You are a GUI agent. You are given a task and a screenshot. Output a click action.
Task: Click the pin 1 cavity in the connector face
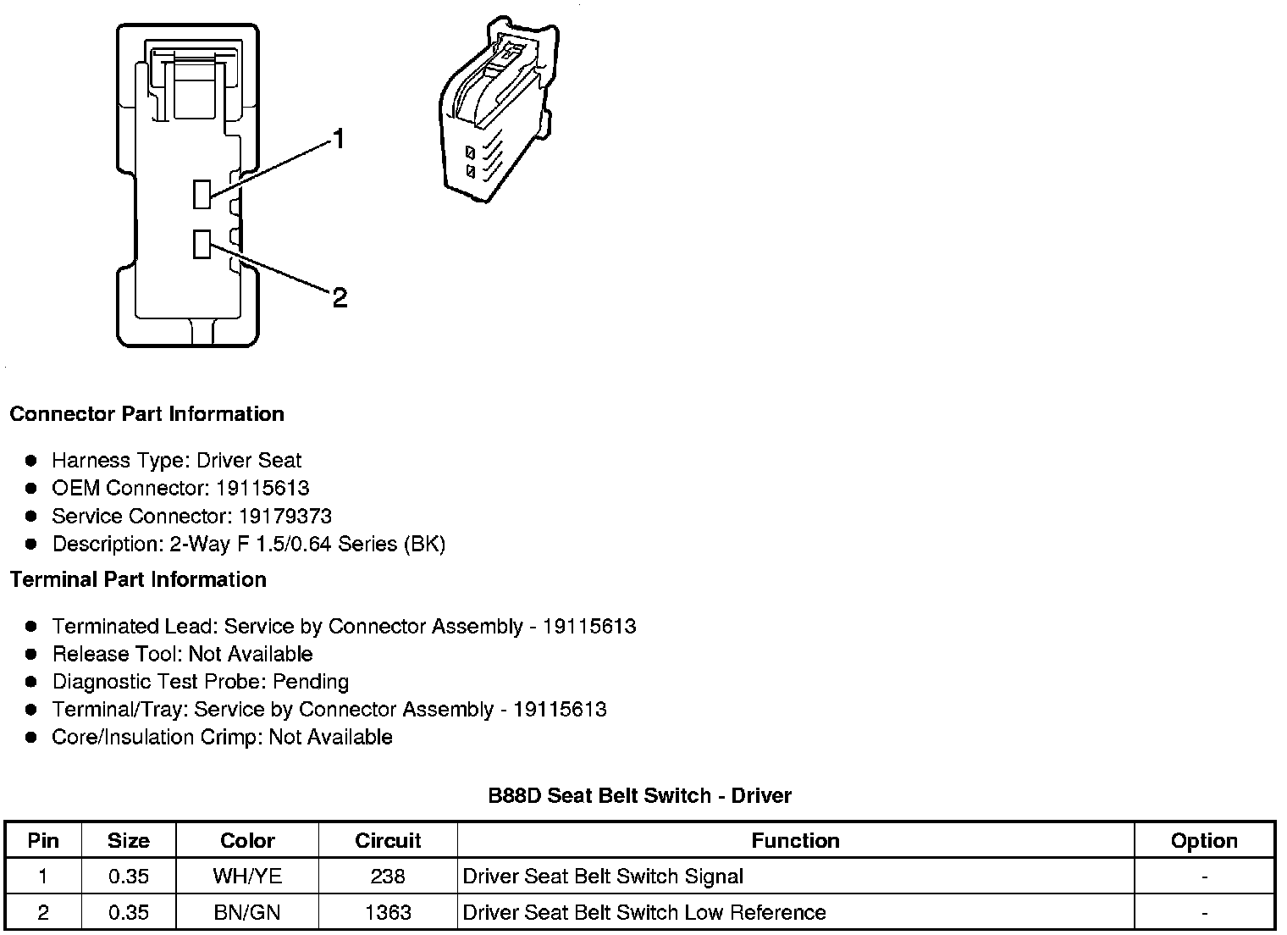pyautogui.click(x=202, y=194)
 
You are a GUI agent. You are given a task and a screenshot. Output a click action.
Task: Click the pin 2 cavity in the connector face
pyautogui.click(x=202, y=244)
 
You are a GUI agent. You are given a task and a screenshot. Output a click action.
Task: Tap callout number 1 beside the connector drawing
pyautogui.click(x=339, y=139)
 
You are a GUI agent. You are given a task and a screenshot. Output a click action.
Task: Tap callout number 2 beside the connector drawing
pyautogui.click(x=340, y=297)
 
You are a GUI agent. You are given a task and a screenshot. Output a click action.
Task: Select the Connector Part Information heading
pyautogui.click(x=146, y=414)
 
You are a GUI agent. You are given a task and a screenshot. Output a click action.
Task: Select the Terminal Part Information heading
pyautogui.click(x=138, y=579)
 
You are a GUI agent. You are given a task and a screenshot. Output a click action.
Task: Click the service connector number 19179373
pyautogui.click(x=285, y=516)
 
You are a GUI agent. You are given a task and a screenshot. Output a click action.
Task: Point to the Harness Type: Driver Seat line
pyautogui.click(x=176, y=460)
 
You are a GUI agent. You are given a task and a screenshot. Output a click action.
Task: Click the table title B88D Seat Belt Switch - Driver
pyautogui.click(x=640, y=795)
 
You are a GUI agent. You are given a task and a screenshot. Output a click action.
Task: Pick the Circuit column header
pyautogui.click(x=388, y=840)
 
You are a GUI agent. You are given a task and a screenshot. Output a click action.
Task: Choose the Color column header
pyautogui.click(x=247, y=840)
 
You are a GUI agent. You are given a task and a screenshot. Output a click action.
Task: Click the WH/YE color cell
pyautogui.click(x=247, y=876)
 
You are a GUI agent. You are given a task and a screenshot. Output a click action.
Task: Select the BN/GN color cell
pyautogui.click(x=247, y=912)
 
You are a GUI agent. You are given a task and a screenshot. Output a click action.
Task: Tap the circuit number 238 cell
pyautogui.click(x=388, y=876)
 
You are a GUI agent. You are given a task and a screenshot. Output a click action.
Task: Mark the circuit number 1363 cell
pyautogui.click(x=388, y=912)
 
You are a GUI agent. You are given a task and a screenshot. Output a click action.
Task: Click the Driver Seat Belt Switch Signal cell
pyautogui.click(x=603, y=876)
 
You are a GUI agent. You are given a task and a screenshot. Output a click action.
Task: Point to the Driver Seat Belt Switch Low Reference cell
pyautogui.click(x=644, y=912)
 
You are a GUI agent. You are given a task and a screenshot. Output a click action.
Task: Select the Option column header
pyautogui.click(x=1204, y=840)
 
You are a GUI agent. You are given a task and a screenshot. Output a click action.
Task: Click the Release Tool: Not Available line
pyautogui.click(x=182, y=654)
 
